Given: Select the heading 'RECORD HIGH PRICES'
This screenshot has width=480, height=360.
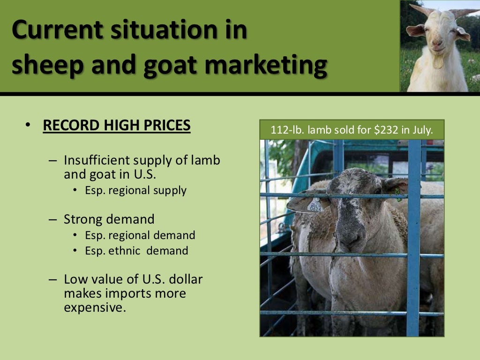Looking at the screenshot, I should pyautogui.click(x=116, y=126).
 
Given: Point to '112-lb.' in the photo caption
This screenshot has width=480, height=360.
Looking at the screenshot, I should pyautogui.click(x=287, y=130).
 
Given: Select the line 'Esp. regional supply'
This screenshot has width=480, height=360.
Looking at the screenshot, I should pyautogui.click(x=135, y=191).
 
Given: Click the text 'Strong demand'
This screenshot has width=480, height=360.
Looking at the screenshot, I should pyautogui.click(x=109, y=219).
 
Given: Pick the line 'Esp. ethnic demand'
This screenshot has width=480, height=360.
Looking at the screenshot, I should pyautogui.click(x=136, y=251).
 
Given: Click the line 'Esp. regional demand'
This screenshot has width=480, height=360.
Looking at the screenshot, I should pyautogui.click(x=140, y=235).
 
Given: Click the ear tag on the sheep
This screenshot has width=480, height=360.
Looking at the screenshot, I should pyautogui.click(x=315, y=204).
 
